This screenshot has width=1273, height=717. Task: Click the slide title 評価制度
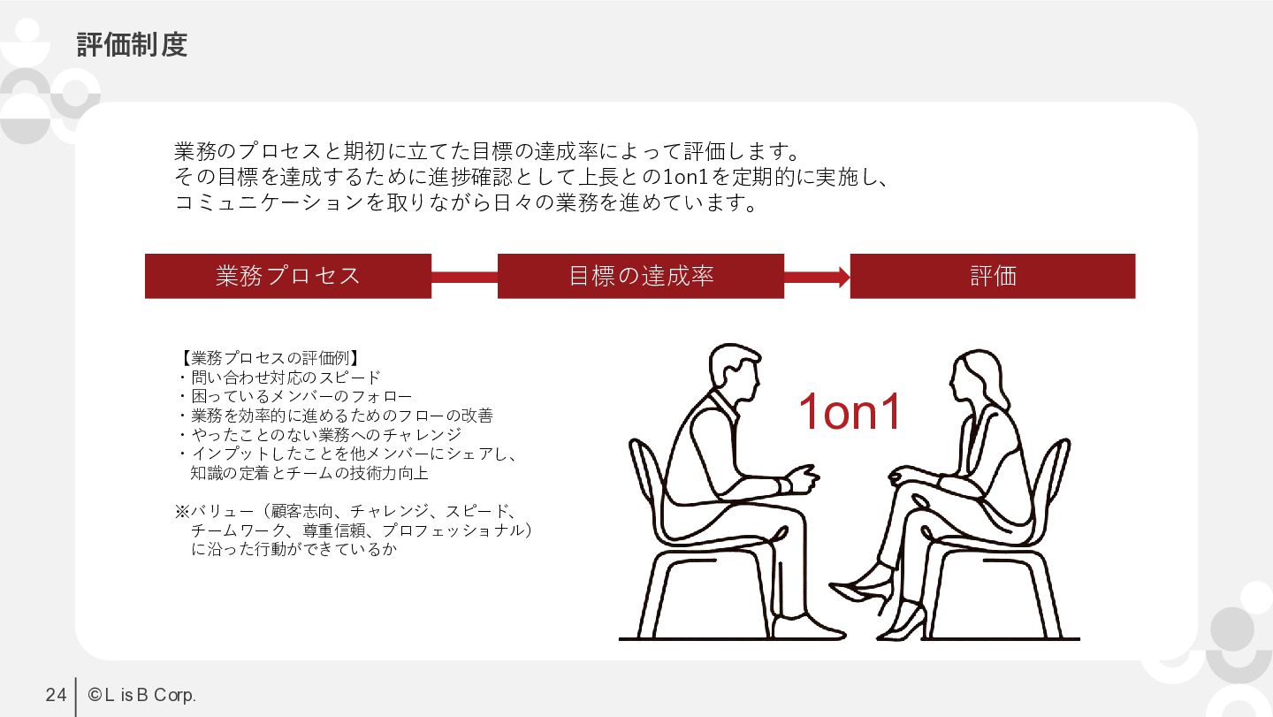132,45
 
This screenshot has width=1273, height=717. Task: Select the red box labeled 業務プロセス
288,276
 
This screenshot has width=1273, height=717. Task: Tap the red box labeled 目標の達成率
641,276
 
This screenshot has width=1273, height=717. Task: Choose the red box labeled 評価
993,276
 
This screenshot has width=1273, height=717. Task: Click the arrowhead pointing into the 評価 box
844,278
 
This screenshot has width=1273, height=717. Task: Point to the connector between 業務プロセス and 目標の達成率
464,278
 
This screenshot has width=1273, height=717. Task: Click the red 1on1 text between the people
850,411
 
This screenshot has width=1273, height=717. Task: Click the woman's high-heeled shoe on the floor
903,625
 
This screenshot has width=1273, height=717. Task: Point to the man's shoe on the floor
808,627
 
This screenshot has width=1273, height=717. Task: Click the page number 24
56,695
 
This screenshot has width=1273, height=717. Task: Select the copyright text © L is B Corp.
142,695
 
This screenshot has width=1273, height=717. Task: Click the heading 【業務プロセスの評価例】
270,358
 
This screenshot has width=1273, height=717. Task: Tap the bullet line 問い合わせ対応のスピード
278,378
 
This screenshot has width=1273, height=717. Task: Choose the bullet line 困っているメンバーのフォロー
294,396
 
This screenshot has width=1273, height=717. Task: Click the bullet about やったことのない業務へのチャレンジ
320,435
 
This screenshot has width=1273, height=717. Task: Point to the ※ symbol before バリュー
182,511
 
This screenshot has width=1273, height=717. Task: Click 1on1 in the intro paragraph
685,178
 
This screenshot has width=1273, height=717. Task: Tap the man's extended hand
803,478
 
